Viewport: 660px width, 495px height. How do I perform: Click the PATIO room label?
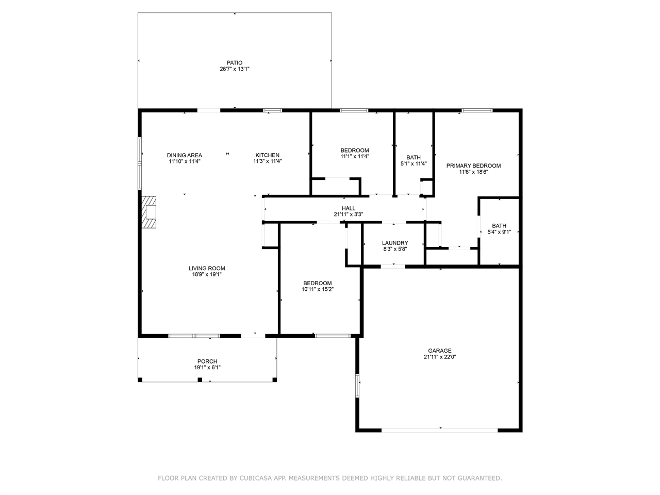235,63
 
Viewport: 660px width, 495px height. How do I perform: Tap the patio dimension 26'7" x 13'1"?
235,69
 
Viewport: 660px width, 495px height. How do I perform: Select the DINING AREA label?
185,155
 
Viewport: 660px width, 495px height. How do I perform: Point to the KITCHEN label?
267,155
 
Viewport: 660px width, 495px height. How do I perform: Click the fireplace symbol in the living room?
149,212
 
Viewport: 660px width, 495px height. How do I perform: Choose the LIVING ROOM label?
207,269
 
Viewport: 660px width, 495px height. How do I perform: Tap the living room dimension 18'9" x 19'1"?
207,274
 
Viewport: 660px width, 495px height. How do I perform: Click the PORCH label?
207,361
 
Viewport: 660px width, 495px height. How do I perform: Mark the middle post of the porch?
200,380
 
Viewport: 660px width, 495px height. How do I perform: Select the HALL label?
349,208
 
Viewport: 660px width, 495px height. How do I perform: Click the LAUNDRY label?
395,243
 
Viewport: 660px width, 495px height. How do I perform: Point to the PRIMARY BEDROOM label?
473,166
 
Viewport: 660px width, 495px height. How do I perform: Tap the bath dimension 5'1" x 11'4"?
414,164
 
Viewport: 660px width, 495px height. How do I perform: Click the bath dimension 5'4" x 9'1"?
499,232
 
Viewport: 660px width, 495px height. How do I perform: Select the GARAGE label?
440,351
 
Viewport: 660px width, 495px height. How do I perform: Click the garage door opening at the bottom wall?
440,431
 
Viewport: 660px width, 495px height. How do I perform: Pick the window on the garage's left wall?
357,385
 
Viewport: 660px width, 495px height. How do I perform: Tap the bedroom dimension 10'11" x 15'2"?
318,289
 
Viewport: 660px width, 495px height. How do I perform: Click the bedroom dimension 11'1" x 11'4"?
355,156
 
